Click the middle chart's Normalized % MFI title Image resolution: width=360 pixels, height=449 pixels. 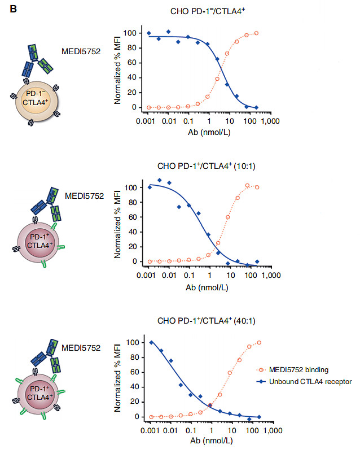[x=118, y=224]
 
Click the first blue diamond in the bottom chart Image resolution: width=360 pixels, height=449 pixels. [x=151, y=342]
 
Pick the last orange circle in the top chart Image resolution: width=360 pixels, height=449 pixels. [x=256, y=33]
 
